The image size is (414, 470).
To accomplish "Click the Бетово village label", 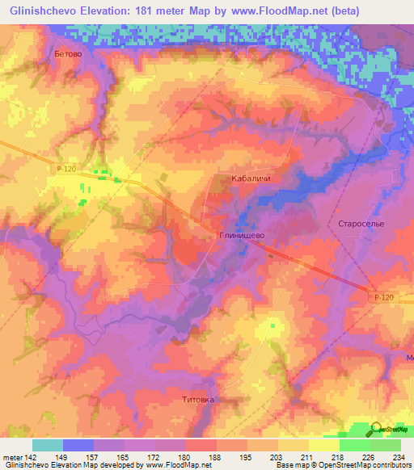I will click(67, 53).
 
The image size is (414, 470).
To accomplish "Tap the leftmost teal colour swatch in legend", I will click(48, 444).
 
